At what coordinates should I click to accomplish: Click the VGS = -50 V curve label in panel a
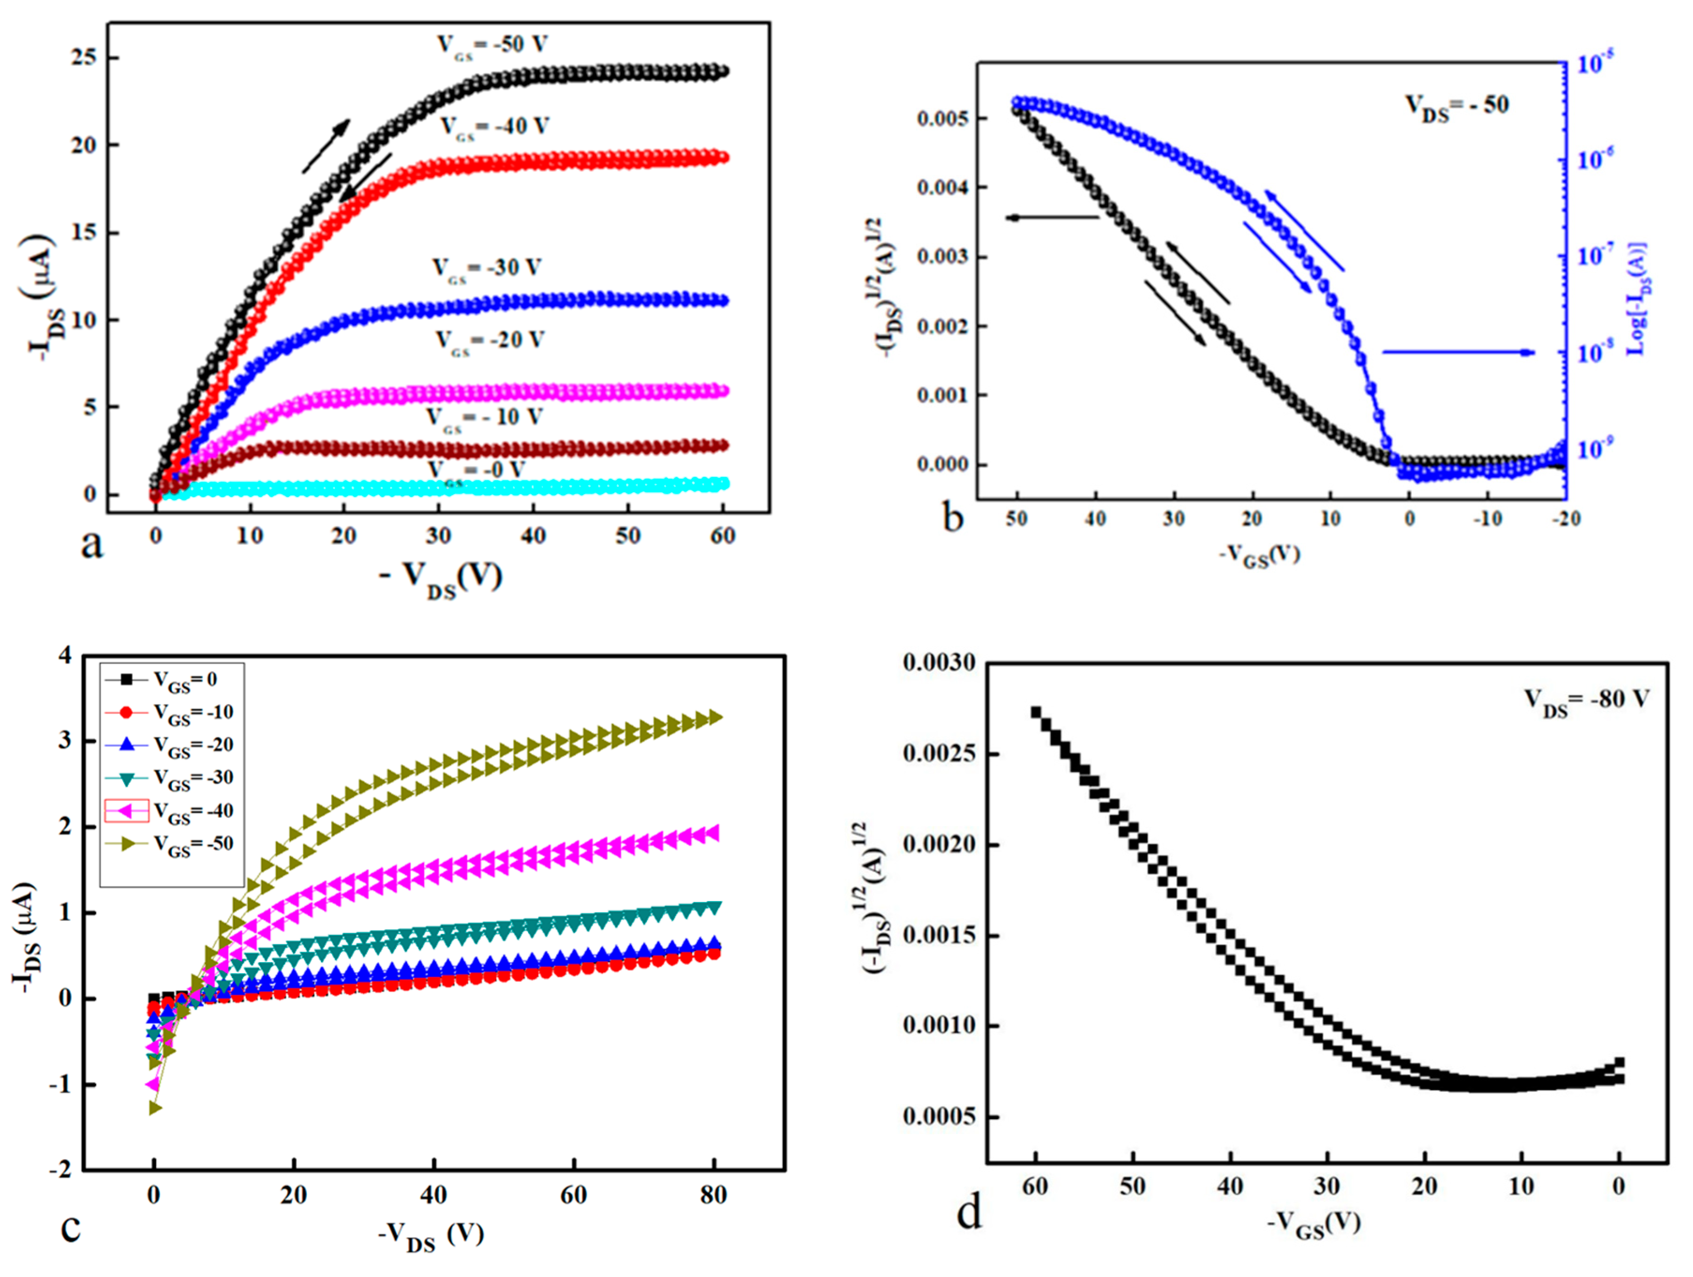click(492, 45)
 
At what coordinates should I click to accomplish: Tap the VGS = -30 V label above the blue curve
click(487, 269)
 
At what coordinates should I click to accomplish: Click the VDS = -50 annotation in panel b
click(1456, 105)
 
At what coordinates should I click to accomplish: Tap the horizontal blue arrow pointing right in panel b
click(1458, 352)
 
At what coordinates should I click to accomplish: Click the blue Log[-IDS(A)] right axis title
click(1638, 299)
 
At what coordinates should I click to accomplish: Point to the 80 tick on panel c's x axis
click(713, 1195)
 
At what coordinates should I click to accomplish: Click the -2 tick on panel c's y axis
click(61, 1170)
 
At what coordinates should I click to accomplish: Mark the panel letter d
click(969, 1213)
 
